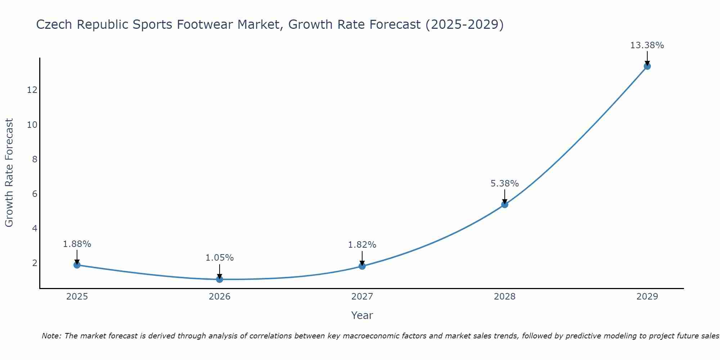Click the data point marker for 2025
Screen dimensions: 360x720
[x=77, y=265]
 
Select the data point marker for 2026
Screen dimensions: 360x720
[x=220, y=279]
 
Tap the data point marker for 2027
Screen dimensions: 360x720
[x=362, y=266]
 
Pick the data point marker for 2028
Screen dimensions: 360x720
[x=505, y=204]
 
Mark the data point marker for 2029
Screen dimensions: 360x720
[x=647, y=66]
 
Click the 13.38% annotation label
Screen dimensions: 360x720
[x=647, y=45]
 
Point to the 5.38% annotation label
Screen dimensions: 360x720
[x=505, y=184]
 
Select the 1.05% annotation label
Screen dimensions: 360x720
[x=220, y=258]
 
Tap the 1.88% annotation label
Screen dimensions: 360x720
[x=77, y=244]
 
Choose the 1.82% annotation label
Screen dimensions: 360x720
[x=362, y=245]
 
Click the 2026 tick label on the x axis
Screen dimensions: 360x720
[x=220, y=297]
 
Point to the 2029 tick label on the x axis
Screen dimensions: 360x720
[x=647, y=297]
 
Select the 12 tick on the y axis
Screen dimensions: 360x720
[x=32, y=90]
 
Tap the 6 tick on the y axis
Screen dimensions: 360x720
[x=35, y=194]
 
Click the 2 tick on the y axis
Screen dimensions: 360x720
[x=35, y=263]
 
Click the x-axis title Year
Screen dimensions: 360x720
[x=362, y=315]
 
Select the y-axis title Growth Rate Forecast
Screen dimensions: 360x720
[x=9, y=173]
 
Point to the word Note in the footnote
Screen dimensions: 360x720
[x=51, y=336]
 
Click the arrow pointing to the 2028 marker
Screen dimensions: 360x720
[x=505, y=196]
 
